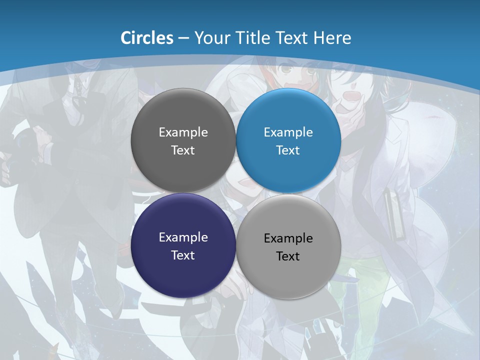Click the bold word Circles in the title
[147, 38]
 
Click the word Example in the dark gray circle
[183, 132]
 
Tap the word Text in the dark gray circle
[183, 150]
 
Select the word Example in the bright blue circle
[288, 132]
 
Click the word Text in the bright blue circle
[288, 150]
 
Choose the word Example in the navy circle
[183, 237]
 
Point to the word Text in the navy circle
[183, 255]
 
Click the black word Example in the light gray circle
[288, 238]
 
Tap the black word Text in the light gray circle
[288, 256]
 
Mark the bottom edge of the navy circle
[183, 295]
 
